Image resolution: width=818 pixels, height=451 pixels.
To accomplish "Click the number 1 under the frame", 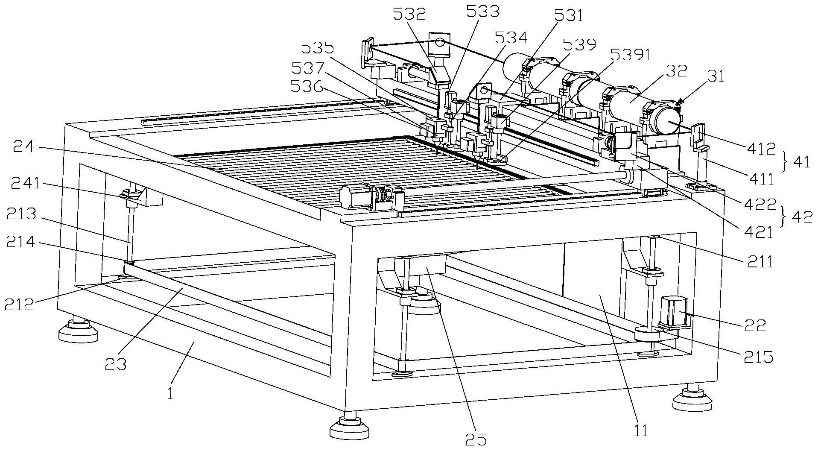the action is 170,393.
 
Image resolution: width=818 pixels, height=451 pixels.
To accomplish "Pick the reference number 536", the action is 306,87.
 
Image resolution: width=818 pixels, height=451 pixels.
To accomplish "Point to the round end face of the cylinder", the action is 669,121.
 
